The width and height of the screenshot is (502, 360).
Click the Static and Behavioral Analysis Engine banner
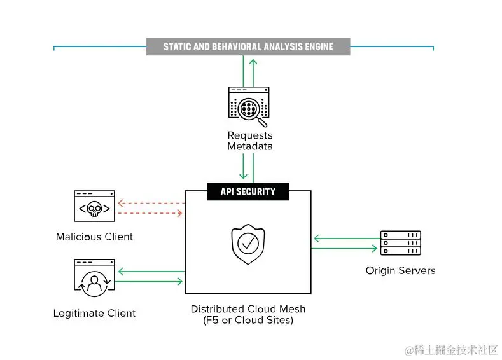coord(248,46)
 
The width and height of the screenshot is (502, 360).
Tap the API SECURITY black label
coord(248,191)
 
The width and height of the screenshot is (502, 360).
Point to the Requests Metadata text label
coord(250,141)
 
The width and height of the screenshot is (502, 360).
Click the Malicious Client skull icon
coord(94,206)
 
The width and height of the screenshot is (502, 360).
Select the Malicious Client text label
coord(94,237)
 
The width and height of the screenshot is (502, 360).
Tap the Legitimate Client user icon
coord(94,277)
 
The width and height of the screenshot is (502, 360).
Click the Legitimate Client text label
coord(94,313)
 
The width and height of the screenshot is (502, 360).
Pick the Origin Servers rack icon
coord(400,243)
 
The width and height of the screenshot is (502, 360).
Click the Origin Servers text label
coord(400,270)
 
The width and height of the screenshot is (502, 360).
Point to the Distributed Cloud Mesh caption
coord(248,309)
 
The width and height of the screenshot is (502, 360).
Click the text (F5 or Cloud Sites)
coord(248,321)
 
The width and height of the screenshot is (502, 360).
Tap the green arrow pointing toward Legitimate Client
coord(151,272)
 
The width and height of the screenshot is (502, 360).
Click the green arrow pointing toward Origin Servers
coord(345,248)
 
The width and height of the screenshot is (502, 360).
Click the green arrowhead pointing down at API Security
coord(243,175)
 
